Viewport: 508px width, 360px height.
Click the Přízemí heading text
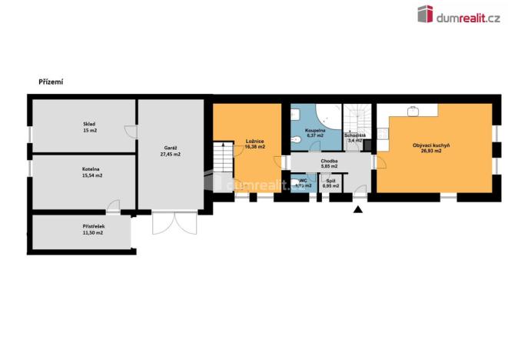click(51, 82)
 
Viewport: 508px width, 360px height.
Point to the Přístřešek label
click(94, 226)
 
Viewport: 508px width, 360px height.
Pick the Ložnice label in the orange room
click(256, 142)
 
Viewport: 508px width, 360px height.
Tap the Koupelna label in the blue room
click(316, 132)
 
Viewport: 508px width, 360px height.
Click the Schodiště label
click(355, 135)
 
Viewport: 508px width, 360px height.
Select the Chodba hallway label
click(330, 162)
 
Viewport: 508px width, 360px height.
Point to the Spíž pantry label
click(331, 181)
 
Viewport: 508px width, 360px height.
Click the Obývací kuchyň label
click(431, 145)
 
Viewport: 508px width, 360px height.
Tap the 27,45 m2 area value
click(171, 155)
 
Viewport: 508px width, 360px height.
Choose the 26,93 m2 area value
click(431, 152)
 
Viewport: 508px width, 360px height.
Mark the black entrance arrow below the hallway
click(357, 209)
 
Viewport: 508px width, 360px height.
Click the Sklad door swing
click(131, 132)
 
